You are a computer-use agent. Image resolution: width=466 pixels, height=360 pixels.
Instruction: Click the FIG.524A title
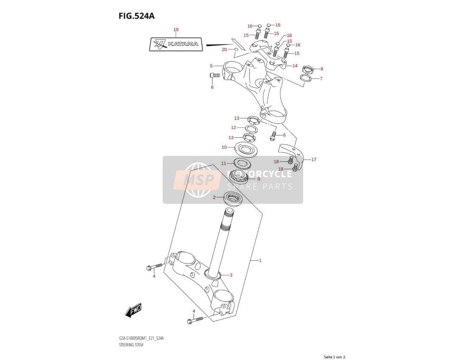136,16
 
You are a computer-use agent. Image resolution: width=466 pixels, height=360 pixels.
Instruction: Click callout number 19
176,30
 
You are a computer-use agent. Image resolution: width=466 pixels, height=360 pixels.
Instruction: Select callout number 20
225,49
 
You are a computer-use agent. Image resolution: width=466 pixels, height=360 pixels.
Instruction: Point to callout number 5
211,65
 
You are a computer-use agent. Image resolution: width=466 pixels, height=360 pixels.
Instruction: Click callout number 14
295,66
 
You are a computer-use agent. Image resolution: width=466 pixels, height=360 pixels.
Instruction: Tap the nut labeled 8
308,70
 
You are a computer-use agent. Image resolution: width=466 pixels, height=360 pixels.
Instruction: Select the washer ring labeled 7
306,78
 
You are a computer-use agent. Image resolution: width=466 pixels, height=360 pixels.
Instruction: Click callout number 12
233,127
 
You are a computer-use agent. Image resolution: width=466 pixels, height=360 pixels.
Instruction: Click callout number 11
224,163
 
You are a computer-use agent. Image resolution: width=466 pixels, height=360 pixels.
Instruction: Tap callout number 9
258,179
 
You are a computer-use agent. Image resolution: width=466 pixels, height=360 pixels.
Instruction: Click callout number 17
314,159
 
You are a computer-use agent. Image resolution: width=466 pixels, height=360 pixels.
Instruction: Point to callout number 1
260,260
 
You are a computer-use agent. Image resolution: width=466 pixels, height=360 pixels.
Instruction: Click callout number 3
231,275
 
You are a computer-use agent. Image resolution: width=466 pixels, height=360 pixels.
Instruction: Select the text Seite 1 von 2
334,357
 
